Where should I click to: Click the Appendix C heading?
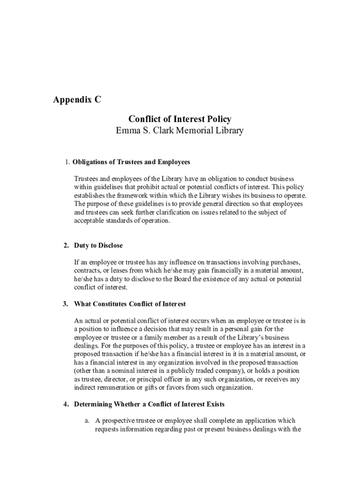click(x=77, y=100)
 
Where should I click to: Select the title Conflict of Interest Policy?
click(x=180, y=120)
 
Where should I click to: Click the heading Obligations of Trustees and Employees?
click(x=131, y=162)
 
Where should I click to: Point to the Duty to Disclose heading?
click(x=98, y=246)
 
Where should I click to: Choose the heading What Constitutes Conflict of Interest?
click(x=130, y=304)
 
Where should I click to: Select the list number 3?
click(x=66, y=304)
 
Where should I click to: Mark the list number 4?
click(x=66, y=404)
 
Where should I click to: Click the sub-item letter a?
click(x=87, y=421)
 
